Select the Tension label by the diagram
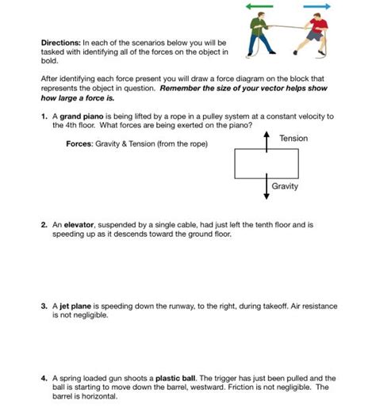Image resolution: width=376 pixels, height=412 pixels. click(x=294, y=139)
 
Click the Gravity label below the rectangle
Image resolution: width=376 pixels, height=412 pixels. click(x=285, y=186)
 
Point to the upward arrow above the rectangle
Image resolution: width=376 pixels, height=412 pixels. click(x=267, y=140)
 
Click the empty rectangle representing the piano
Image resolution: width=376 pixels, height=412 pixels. click(x=267, y=163)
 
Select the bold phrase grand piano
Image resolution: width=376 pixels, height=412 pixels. click(x=77, y=116)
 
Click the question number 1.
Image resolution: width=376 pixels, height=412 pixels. click(x=44, y=116)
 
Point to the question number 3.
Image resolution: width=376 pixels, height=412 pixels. click(x=44, y=305)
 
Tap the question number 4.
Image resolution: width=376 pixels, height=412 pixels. click(x=44, y=379)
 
